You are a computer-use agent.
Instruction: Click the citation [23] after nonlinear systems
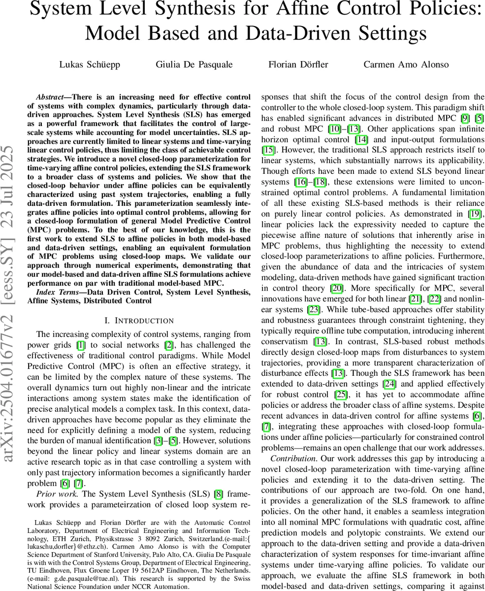coord(313,309)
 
